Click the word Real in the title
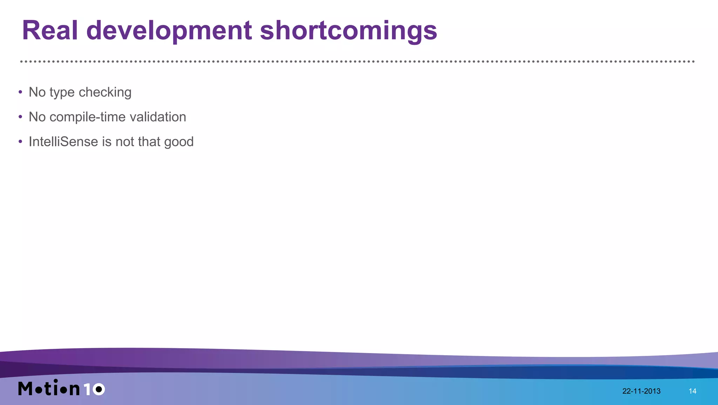pyautogui.click(x=50, y=31)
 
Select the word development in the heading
pyautogui.click(x=169, y=31)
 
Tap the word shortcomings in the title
pyautogui.click(x=348, y=31)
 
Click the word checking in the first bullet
pyautogui.click(x=105, y=92)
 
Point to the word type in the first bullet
pyautogui.click(x=62, y=92)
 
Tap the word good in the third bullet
pyautogui.click(x=179, y=142)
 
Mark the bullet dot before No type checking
pyautogui.click(x=20, y=92)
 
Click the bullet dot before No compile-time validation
pyautogui.click(x=20, y=117)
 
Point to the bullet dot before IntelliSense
pyautogui.click(x=20, y=142)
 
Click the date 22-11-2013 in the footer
pyautogui.click(x=641, y=391)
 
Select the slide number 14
pyautogui.click(x=692, y=391)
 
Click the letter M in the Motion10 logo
pyautogui.click(x=25, y=388)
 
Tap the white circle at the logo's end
pyautogui.click(x=99, y=389)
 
